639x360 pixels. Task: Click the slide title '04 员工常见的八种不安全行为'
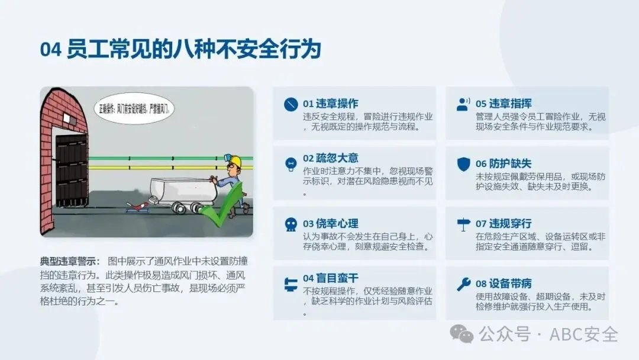(x=180, y=49)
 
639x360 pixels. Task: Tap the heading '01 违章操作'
(x=331, y=104)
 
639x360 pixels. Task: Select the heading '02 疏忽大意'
(x=331, y=158)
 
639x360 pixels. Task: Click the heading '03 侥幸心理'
(x=331, y=223)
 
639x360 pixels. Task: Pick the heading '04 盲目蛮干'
(x=331, y=278)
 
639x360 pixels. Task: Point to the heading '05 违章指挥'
(x=504, y=104)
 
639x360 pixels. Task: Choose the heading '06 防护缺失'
(x=504, y=163)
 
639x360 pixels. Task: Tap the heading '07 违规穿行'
(x=504, y=223)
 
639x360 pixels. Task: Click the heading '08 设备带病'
(x=504, y=284)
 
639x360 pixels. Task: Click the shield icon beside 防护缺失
(x=464, y=164)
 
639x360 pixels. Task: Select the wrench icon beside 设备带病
(x=464, y=284)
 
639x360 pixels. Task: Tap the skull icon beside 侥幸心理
(x=291, y=224)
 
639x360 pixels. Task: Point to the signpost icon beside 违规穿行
(x=464, y=224)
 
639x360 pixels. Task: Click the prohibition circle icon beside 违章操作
(x=291, y=104)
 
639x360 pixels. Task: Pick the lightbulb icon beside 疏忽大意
(x=291, y=164)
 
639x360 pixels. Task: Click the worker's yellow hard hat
(x=234, y=161)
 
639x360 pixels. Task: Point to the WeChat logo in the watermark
(x=461, y=334)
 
